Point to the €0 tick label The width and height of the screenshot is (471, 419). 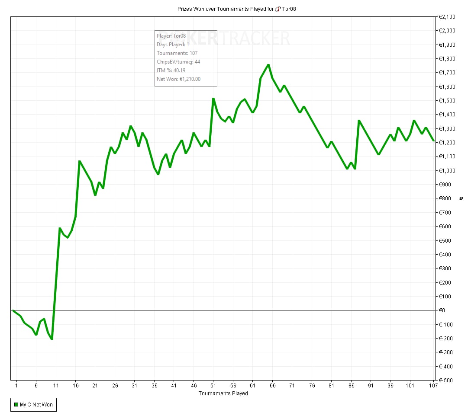(x=442, y=310)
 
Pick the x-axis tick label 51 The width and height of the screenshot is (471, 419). (x=213, y=385)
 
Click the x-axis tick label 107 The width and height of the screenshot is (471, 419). (x=433, y=385)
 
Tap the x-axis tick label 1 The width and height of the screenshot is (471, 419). (x=16, y=385)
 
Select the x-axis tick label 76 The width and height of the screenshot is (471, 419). (x=312, y=385)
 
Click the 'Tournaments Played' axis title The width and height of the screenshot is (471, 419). (x=223, y=393)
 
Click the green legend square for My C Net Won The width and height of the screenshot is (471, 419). (x=16, y=405)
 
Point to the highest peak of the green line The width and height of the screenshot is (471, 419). (x=268, y=64)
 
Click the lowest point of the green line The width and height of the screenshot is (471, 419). (x=52, y=339)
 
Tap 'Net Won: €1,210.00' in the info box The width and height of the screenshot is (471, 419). (x=178, y=79)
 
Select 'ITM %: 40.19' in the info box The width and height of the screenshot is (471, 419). (x=171, y=70)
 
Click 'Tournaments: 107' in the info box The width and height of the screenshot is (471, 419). (x=177, y=53)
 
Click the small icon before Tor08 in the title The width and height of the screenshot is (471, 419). (x=277, y=9)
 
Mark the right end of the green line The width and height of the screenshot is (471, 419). (x=433, y=141)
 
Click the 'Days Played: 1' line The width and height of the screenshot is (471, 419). (x=173, y=45)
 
